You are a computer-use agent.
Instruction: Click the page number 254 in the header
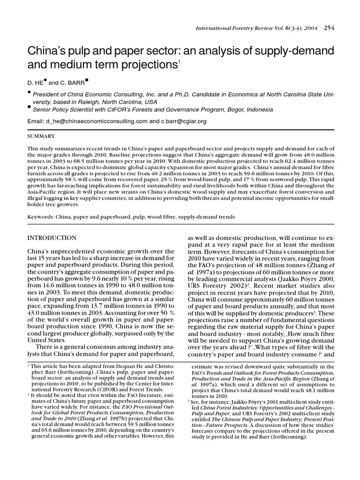tap(329, 28)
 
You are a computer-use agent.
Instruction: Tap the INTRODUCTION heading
tap(52, 238)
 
